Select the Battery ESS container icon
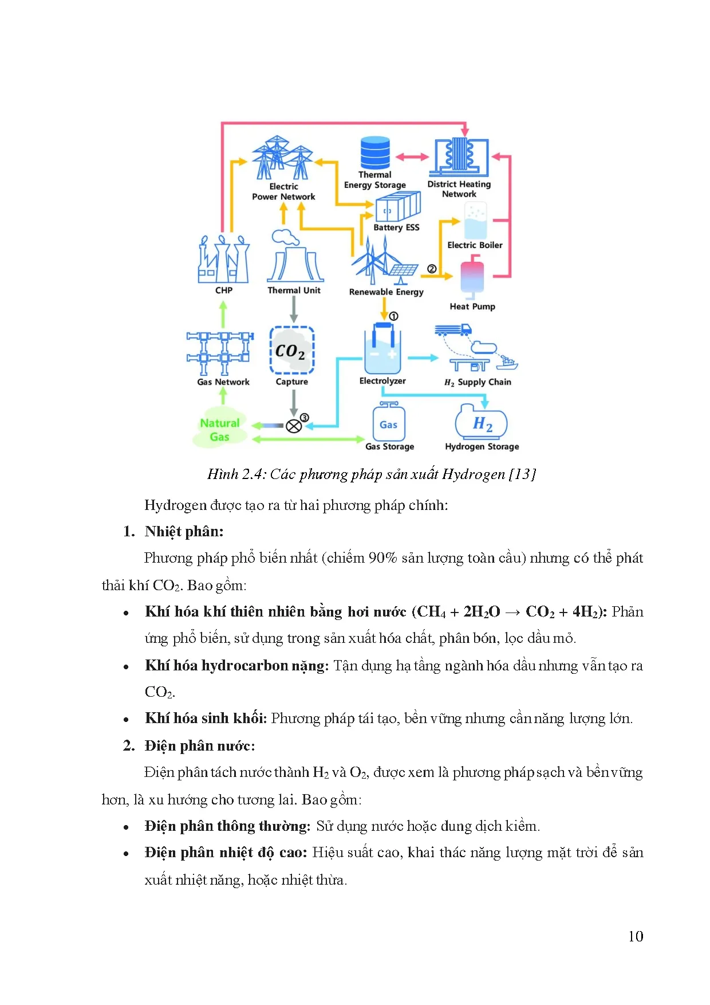(397, 207)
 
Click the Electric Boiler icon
(475, 221)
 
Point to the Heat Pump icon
(472, 277)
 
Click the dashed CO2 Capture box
(292, 350)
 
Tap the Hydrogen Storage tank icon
(482, 422)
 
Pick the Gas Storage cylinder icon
(389, 422)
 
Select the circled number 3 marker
(305, 418)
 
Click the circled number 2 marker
(432, 269)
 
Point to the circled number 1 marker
(393, 316)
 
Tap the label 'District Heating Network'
(459, 189)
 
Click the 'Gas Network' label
(223, 382)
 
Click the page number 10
(636, 936)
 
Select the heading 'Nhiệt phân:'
(184, 532)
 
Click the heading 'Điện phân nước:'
(199, 745)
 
